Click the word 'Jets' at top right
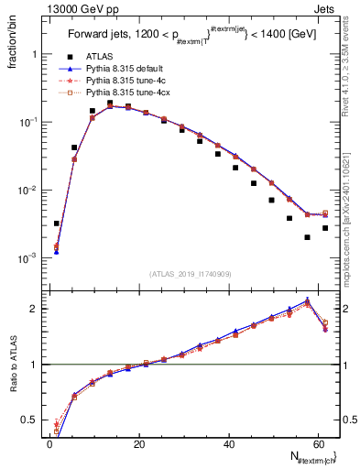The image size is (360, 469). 325,9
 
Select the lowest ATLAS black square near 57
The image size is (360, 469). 307,237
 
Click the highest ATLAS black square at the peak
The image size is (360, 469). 110,104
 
